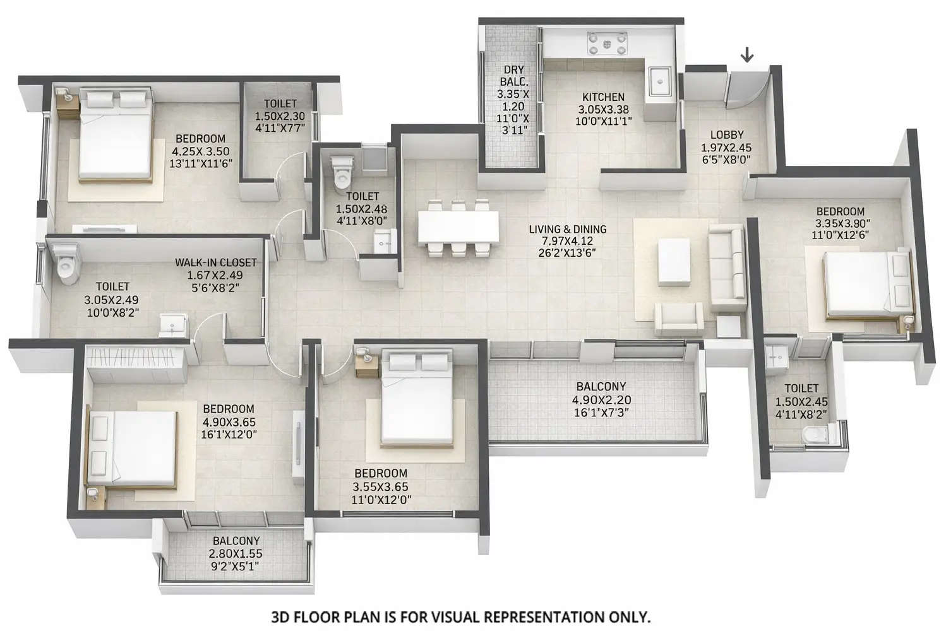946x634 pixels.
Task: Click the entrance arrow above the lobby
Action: [x=746, y=56]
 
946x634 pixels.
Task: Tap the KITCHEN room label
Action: [x=603, y=97]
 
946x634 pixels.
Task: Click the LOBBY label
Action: [x=726, y=134]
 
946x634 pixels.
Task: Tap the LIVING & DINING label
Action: [x=567, y=229]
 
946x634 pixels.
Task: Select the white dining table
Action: [x=458, y=226]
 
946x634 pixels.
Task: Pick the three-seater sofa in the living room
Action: [x=727, y=269]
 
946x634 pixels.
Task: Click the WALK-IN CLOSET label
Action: [x=216, y=262]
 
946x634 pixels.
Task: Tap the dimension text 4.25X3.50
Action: [x=200, y=151]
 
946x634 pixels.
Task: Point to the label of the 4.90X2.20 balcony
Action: [x=601, y=387]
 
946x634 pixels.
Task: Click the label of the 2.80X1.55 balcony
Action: [x=236, y=541]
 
